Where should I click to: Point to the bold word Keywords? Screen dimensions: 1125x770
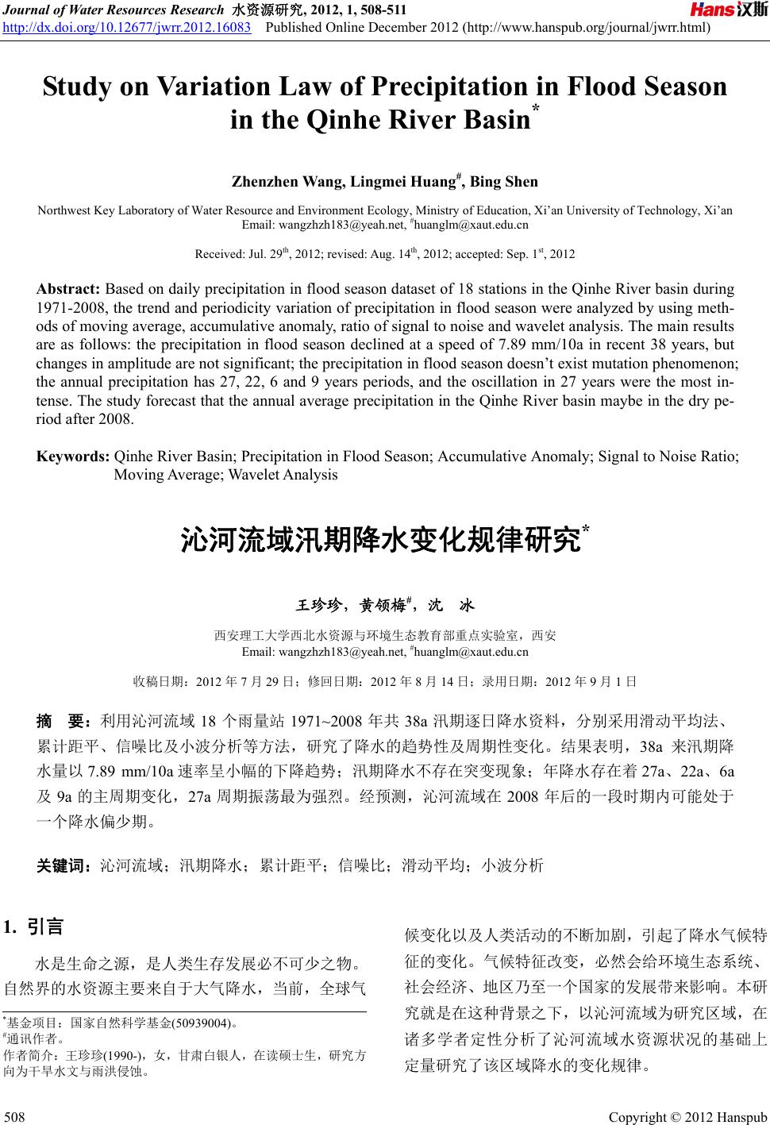(x=74, y=457)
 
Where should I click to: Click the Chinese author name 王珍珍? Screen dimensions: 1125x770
(x=319, y=606)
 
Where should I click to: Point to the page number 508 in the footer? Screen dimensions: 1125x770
(x=14, y=1118)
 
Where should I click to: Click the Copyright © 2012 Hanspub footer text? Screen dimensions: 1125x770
(x=687, y=1118)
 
